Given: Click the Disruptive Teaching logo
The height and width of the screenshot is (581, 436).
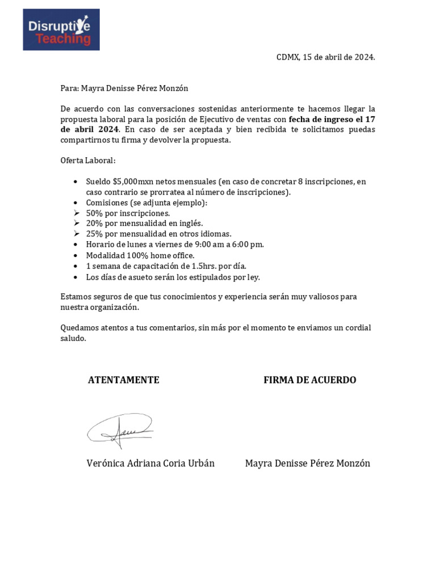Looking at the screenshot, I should (61, 30).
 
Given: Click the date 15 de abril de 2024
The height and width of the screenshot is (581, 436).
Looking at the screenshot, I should (338, 57).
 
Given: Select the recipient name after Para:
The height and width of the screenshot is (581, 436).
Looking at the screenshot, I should (135, 89).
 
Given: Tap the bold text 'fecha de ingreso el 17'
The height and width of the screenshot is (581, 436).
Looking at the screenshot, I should (332, 119).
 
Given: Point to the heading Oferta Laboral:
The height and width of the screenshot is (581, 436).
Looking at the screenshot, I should (88, 161).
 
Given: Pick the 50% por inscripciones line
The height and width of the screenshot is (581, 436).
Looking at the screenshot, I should (128, 213).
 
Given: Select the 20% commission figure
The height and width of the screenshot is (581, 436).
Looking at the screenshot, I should (94, 223).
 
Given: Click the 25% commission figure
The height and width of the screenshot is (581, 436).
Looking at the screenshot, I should (94, 234).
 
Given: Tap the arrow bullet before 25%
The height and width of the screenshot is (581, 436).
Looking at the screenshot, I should (77, 234).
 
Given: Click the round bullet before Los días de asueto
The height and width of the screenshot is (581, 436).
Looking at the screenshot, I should (77, 277).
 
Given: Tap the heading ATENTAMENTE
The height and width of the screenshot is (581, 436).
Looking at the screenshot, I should (124, 380).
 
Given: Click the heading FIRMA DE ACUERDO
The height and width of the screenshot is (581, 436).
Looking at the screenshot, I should (310, 380).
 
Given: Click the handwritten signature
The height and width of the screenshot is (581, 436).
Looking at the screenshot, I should (120, 428).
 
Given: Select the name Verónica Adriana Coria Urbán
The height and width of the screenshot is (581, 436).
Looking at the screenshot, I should (150, 464).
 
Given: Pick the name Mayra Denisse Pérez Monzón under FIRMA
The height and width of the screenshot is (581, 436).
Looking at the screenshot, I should (308, 464).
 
